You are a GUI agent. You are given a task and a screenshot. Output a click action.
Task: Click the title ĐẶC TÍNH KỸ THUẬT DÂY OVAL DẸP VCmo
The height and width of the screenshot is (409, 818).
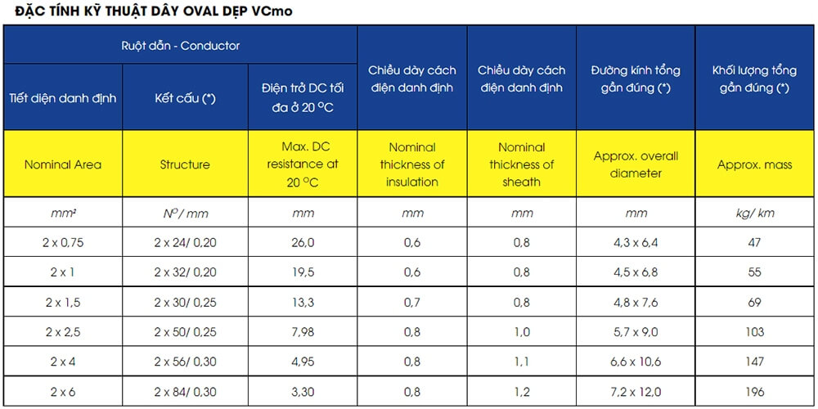coord(154,11)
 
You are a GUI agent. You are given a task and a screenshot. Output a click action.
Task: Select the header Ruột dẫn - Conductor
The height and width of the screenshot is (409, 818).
coord(181,45)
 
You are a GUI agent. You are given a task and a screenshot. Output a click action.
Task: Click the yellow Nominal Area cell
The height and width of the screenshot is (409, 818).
coord(63,165)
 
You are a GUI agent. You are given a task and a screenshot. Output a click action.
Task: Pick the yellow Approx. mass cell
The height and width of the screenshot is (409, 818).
coord(754,165)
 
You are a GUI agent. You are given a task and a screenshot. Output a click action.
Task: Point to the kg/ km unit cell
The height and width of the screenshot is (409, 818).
coord(754,213)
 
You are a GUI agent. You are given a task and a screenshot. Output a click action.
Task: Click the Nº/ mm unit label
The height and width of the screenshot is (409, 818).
coord(185,213)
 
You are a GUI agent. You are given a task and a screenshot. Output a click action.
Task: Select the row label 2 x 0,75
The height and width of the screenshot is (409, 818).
coord(63,242)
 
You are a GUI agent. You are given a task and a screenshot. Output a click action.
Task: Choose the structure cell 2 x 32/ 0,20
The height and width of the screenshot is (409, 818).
coord(185,272)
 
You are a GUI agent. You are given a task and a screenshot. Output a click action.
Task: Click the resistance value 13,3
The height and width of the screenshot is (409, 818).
coord(303,302)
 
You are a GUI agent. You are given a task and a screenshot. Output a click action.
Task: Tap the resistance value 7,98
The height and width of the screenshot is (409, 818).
coord(303,332)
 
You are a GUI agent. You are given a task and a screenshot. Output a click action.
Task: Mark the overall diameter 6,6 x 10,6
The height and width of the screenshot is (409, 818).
coord(636,362)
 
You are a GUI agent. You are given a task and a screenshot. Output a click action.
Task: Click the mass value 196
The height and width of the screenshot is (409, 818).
coord(754,391)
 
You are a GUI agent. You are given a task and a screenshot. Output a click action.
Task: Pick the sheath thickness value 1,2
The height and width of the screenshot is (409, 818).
coord(522,391)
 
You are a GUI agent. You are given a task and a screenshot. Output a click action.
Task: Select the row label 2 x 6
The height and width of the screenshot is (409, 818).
coord(63,391)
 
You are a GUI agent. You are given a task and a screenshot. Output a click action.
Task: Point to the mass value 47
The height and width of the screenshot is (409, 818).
coord(754,242)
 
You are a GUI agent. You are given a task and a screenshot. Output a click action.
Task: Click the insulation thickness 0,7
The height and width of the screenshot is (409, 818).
coord(412,302)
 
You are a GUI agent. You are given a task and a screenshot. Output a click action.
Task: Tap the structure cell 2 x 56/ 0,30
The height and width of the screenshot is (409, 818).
coord(185,362)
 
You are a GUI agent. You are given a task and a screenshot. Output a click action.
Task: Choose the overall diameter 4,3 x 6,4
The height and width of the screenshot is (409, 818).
coord(636,242)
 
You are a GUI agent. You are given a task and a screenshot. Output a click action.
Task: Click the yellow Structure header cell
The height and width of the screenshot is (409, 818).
coord(185,165)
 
